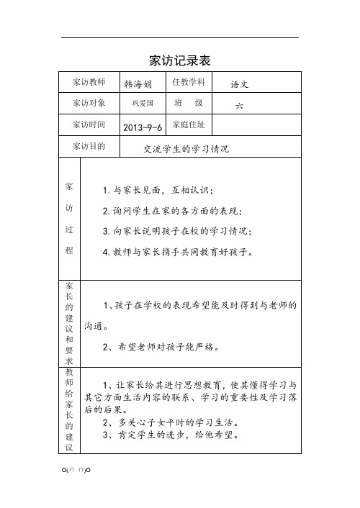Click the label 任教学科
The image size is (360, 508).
pos(190,82)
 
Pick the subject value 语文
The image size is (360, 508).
pos(239,84)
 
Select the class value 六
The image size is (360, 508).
pos(239,106)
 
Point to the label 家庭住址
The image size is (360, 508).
pos(190,124)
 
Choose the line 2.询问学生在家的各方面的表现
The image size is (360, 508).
pos(173,212)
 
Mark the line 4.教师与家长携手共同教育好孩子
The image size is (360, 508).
pos(178,253)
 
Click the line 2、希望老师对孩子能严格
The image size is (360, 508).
pos(161,347)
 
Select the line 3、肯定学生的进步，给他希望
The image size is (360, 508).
pos(166,435)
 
